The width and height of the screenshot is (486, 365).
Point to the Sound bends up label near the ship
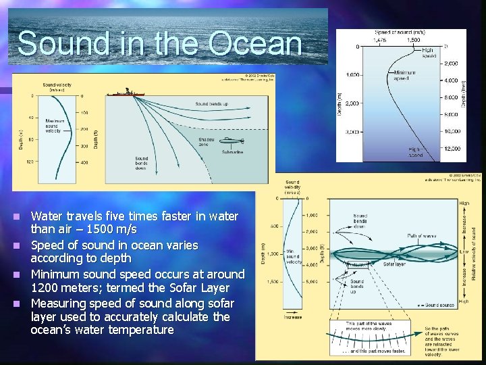pos(211,104)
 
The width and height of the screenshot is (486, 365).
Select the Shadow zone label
pos(206,143)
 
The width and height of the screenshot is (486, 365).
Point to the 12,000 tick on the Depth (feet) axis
pos(452,148)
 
